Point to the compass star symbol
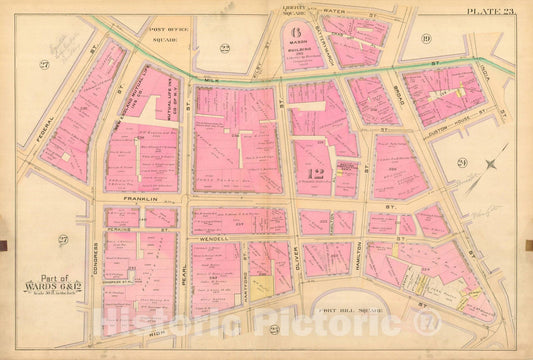point(489,164)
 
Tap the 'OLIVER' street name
point(297,252)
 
